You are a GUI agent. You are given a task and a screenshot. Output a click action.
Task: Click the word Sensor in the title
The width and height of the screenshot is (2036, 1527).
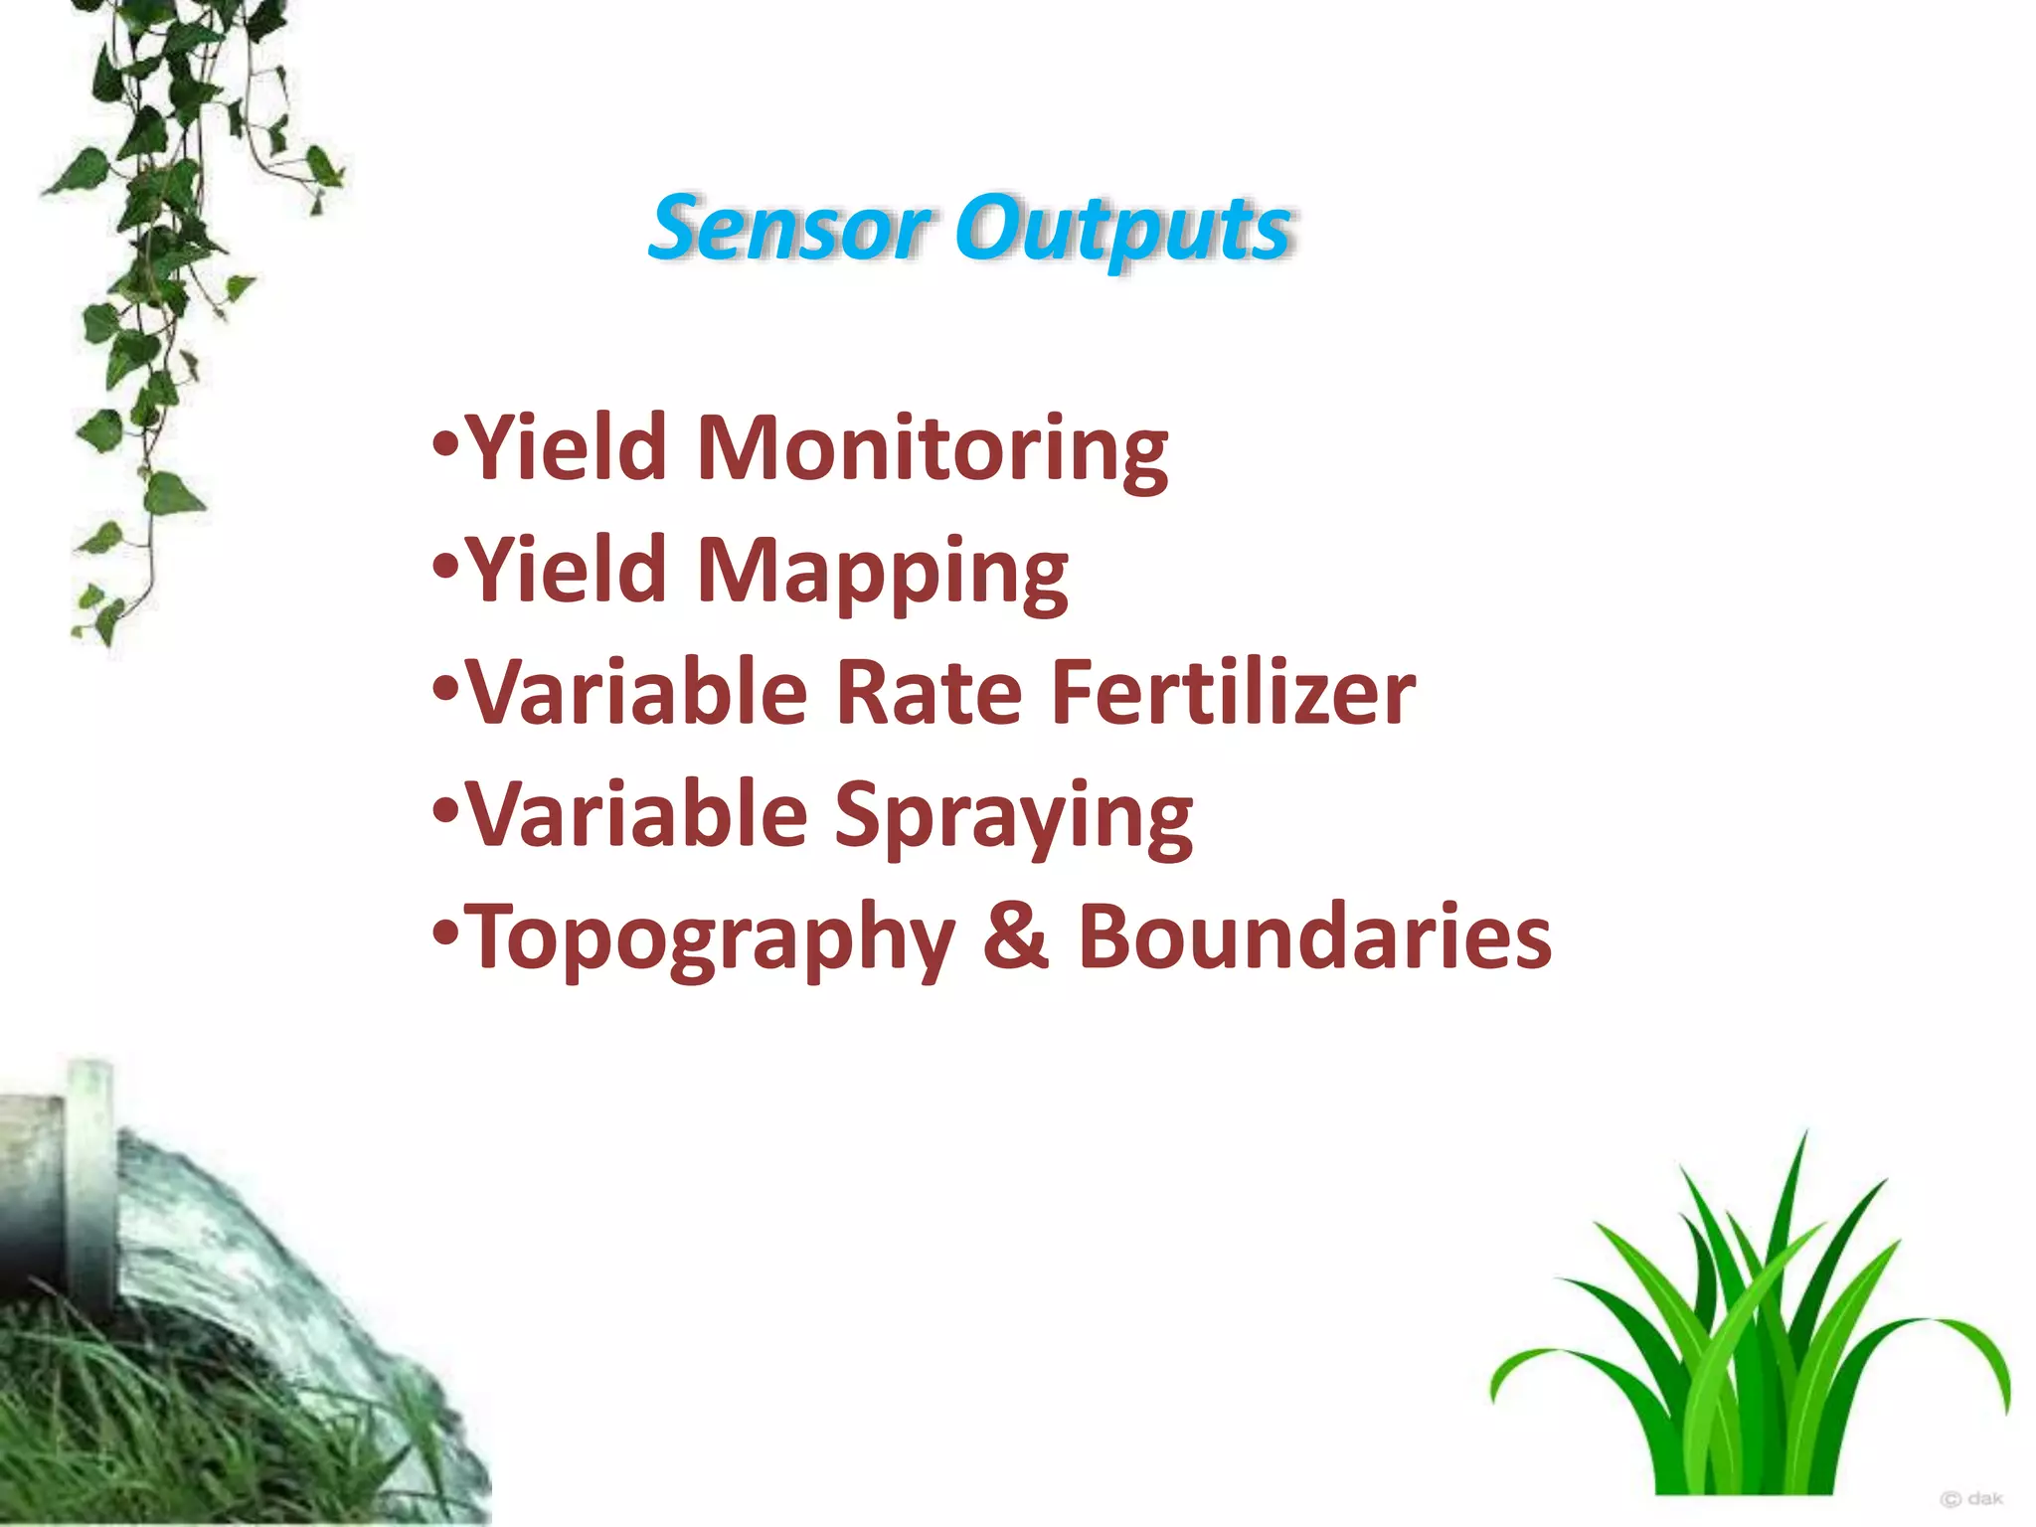pyautogui.click(x=790, y=229)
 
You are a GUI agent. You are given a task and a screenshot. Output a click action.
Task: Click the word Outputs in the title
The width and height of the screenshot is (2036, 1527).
pyautogui.click(x=1123, y=231)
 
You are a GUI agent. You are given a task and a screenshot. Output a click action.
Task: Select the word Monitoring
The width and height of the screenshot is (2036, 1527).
pyautogui.click(x=932, y=449)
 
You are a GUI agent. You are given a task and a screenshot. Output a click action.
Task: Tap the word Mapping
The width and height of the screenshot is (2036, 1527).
pyautogui.click(x=882, y=572)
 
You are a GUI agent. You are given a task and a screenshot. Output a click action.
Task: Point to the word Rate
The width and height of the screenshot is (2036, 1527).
pyautogui.click(x=929, y=693)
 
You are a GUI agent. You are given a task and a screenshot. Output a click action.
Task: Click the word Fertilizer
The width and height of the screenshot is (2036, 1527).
pyautogui.click(x=1233, y=693)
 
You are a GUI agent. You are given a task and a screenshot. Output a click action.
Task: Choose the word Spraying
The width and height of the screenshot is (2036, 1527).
pyautogui.click(x=1013, y=816)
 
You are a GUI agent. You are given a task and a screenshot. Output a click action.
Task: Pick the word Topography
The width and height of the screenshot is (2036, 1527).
pyautogui.click(x=710, y=938)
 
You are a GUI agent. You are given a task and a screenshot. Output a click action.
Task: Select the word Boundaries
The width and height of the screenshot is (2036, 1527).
pyautogui.click(x=1314, y=936)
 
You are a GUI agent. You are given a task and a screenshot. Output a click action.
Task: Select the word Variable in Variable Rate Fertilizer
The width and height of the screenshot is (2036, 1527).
pyautogui.click(x=636, y=693)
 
